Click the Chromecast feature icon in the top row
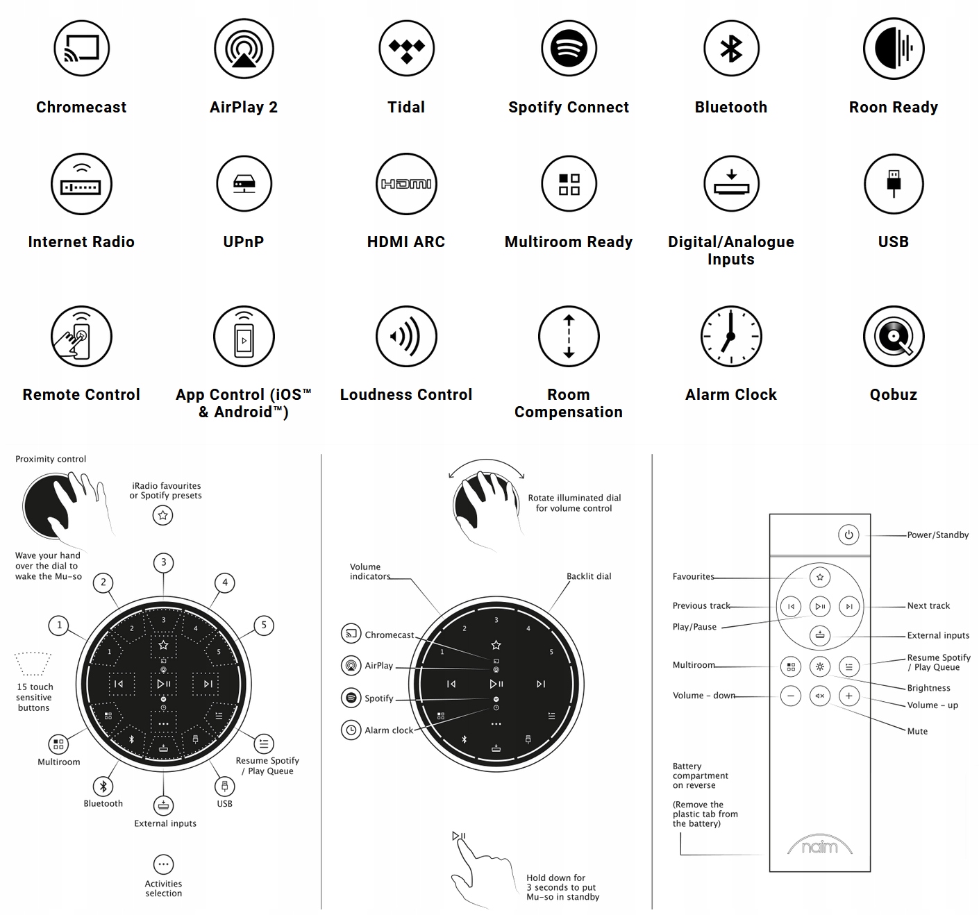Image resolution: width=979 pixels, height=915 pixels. click(x=82, y=48)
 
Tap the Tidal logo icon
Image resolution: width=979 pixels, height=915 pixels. click(x=406, y=48)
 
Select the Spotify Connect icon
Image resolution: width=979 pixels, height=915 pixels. click(x=569, y=48)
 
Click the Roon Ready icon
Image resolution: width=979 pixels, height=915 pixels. click(x=894, y=48)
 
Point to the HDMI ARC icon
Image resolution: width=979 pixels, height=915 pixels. click(x=406, y=184)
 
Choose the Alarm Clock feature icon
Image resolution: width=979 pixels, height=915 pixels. click(x=731, y=337)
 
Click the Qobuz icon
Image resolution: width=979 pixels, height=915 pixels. click(x=894, y=337)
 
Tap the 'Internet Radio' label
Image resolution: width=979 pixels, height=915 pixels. click(x=81, y=242)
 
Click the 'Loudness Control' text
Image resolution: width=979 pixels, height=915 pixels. click(x=406, y=394)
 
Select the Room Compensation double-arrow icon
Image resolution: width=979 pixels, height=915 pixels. click(x=569, y=337)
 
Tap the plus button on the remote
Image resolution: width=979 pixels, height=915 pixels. click(x=848, y=696)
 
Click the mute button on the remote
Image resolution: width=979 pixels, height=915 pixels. click(x=820, y=696)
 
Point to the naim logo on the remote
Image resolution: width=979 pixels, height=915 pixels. click(x=819, y=846)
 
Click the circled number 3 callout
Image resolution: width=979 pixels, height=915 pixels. click(x=164, y=562)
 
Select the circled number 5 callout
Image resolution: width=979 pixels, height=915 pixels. click(x=264, y=625)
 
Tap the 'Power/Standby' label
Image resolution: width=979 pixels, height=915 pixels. click(x=937, y=535)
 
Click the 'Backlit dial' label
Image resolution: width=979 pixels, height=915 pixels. click(x=589, y=576)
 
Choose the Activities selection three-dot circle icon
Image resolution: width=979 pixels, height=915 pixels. click(x=163, y=864)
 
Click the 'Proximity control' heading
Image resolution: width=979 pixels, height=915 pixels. click(x=51, y=459)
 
